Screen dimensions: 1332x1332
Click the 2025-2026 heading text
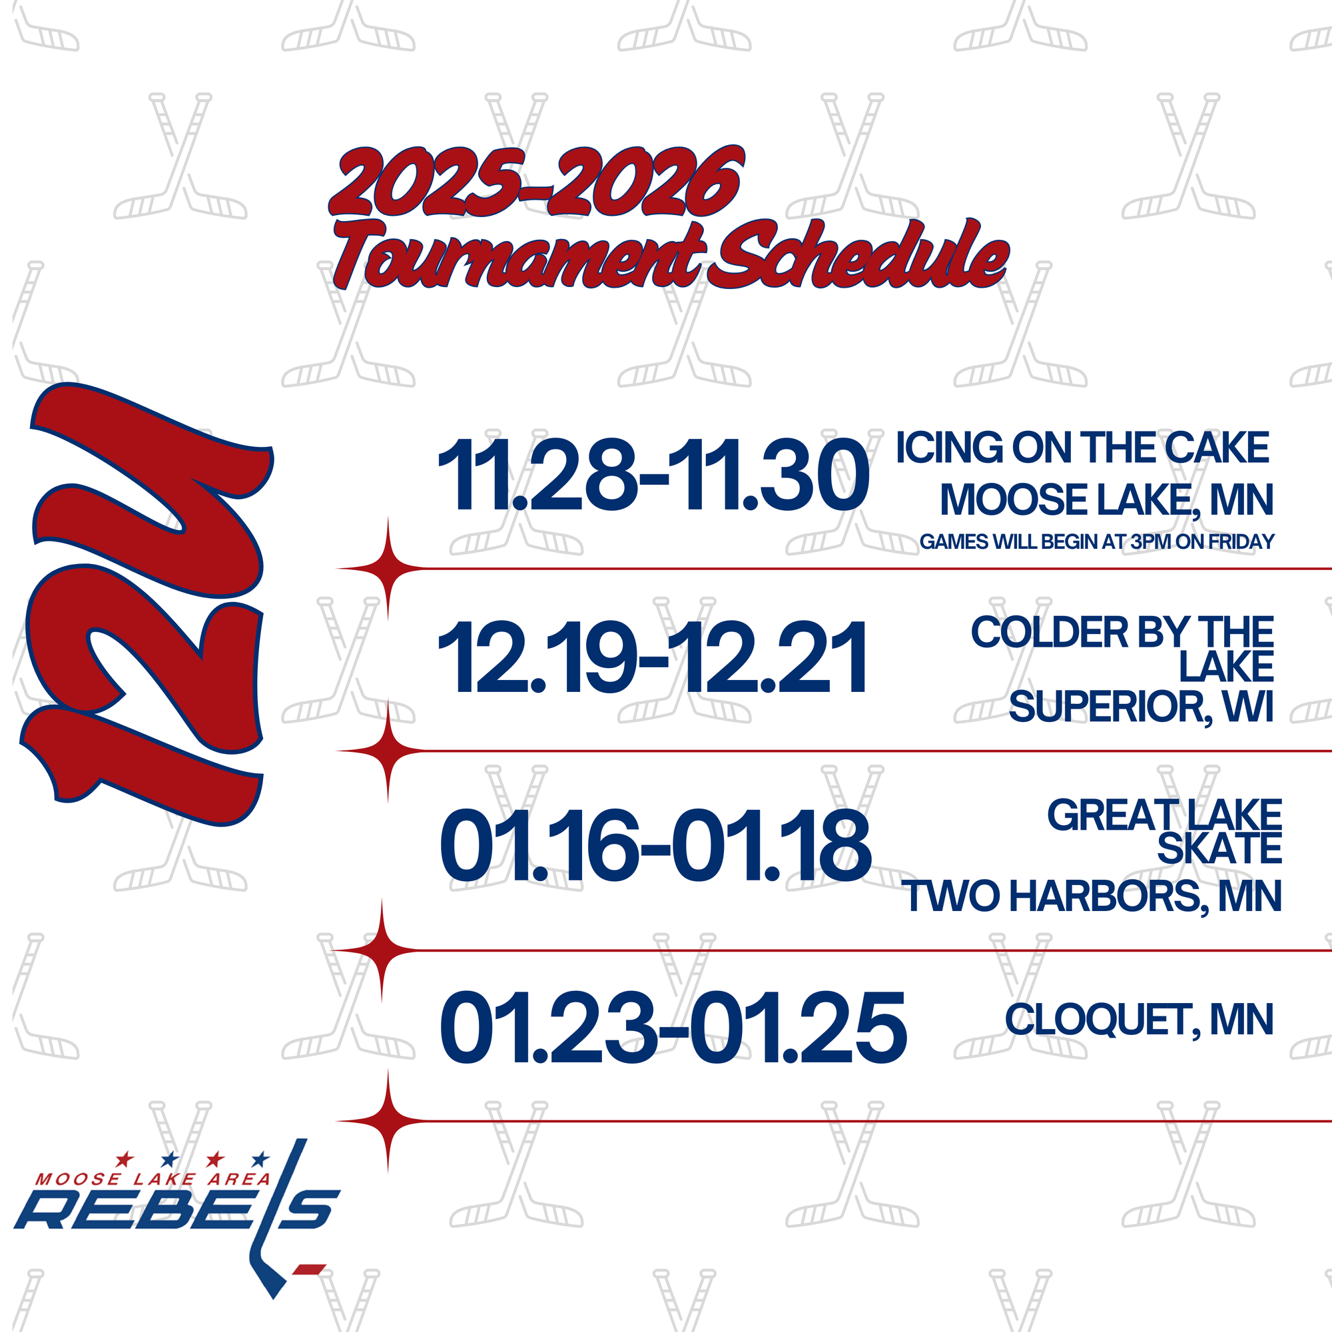point(536,182)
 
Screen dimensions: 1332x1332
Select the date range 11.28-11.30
point(653,476)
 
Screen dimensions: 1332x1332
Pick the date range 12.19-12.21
point(653,657)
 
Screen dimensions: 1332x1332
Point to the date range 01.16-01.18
point(655,845)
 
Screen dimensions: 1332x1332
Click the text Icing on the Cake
point(1082,448)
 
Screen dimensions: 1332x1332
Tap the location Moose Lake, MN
point(1106,500)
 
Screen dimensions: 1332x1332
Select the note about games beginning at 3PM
point(1097,542)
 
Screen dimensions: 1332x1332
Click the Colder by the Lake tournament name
point(1122,649)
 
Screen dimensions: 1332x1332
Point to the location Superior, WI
point(1141,707)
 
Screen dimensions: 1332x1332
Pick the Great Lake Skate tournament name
point(1164,831)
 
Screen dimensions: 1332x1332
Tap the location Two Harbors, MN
point(1093,896)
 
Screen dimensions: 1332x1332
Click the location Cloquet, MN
point(1139,1020)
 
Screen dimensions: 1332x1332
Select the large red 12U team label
point(146,604)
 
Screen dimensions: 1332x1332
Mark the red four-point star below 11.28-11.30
point(388,569)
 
